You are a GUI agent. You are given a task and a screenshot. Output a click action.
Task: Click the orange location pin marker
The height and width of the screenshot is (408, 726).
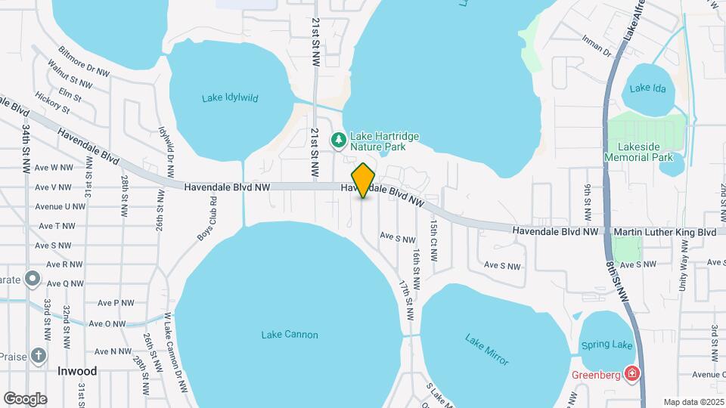364,180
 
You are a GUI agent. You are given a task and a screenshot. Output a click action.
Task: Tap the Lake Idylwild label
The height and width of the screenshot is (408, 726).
231,98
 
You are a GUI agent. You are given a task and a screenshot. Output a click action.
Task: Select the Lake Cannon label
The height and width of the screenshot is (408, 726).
290,335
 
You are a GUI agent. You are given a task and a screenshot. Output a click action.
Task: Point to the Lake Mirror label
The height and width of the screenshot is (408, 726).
488,349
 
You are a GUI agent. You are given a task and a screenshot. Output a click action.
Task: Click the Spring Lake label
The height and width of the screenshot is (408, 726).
607,345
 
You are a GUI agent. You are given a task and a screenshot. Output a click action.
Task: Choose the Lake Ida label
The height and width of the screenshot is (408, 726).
647,88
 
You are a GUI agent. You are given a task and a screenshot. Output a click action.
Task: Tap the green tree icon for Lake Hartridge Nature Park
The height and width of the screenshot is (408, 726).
338,140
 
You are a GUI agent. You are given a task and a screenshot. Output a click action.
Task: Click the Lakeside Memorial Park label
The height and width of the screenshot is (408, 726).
638,151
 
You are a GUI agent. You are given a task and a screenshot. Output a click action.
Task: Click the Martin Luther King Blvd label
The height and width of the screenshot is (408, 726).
665,232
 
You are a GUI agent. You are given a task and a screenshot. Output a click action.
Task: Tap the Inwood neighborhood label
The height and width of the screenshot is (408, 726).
77,371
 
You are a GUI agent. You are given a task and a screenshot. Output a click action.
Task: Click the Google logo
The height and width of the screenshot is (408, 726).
25,398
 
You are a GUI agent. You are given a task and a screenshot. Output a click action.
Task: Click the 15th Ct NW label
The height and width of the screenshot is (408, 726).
433,240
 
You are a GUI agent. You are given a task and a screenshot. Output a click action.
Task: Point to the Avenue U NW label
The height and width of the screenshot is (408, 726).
60,206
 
